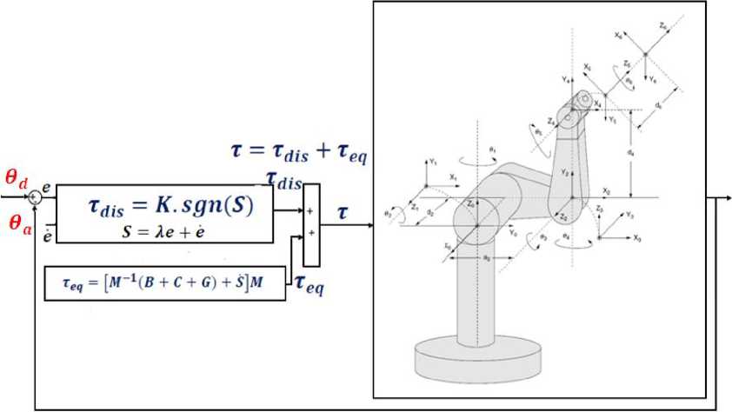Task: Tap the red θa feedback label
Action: [x=17, y=223]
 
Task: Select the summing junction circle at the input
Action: [x=35, y=197]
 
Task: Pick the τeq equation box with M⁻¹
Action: [x=164, y=282]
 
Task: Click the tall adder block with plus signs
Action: [x=311, y=224]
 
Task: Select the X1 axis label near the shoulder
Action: [x=453, y=176]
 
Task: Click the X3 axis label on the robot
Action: [x=637, y=237]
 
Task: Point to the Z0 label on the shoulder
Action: [x=471, y=203]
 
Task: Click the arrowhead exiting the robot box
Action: [x=727, y=196]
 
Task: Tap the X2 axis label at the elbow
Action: [x=606, y=189]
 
